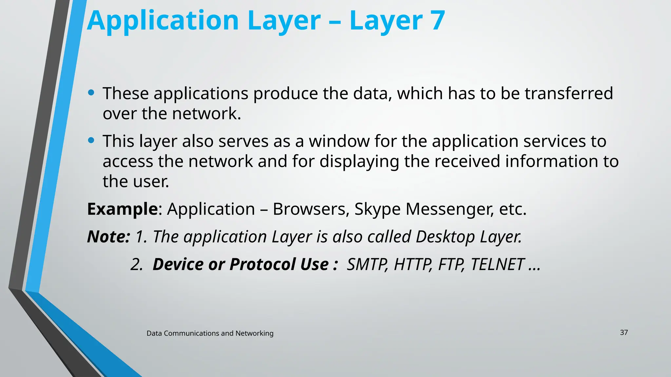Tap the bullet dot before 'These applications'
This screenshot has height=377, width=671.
point(91,93)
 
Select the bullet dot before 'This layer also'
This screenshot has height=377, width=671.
point(91,141)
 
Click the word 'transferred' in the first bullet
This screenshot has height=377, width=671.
point(569,94)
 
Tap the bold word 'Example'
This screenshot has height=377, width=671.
point(123,209)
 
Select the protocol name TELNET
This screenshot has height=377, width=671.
point(497,264)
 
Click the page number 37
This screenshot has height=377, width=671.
point(624,332)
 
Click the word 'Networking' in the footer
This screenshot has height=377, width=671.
point(254,333)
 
